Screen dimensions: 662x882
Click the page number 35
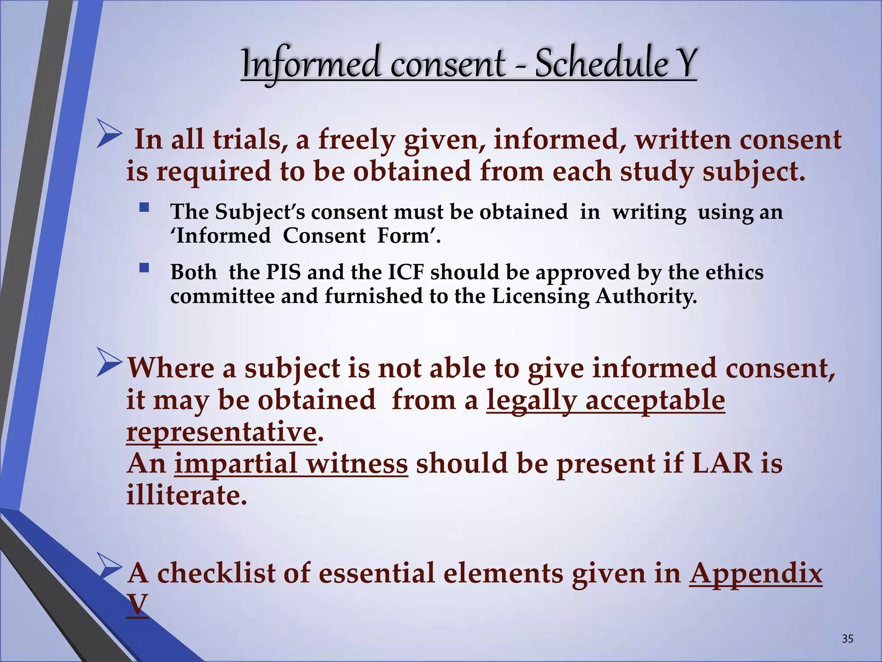pyautogui.click(x=847, y=638)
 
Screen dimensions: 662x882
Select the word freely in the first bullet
pyautogui.click(x=356, y=141)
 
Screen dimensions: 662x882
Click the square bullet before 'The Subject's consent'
pyautogui.click(x=144, y=208)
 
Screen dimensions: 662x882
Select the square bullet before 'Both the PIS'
pyautogui.click(x=144, y=269)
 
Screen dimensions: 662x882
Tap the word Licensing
pyautogui.click(x=540, y=297)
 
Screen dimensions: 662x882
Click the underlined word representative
pyautogui.click(x=221, y=432)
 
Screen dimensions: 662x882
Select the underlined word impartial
pyautogui.click(x=235, y=464)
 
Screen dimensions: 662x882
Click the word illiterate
pyautogui.click(x=186, y=495)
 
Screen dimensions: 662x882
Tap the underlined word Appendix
pyautogui.click(x=755, y=574)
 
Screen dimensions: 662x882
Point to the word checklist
pyautogui.click(x=232, y=574)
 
